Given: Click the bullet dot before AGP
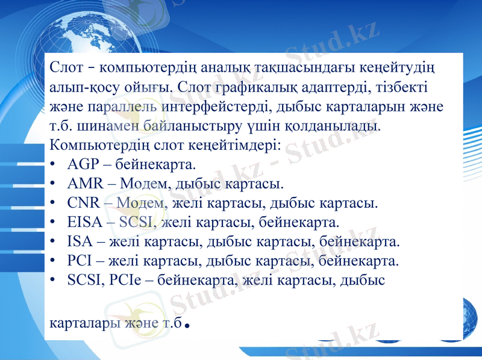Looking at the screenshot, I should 54,164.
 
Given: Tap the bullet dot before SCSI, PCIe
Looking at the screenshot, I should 54,281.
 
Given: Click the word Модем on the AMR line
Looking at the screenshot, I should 142,184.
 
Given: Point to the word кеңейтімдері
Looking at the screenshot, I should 231,145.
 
